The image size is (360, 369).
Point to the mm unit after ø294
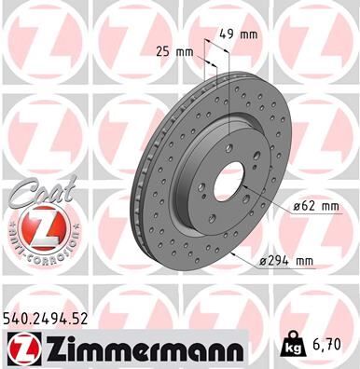[x=324, y=262]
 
